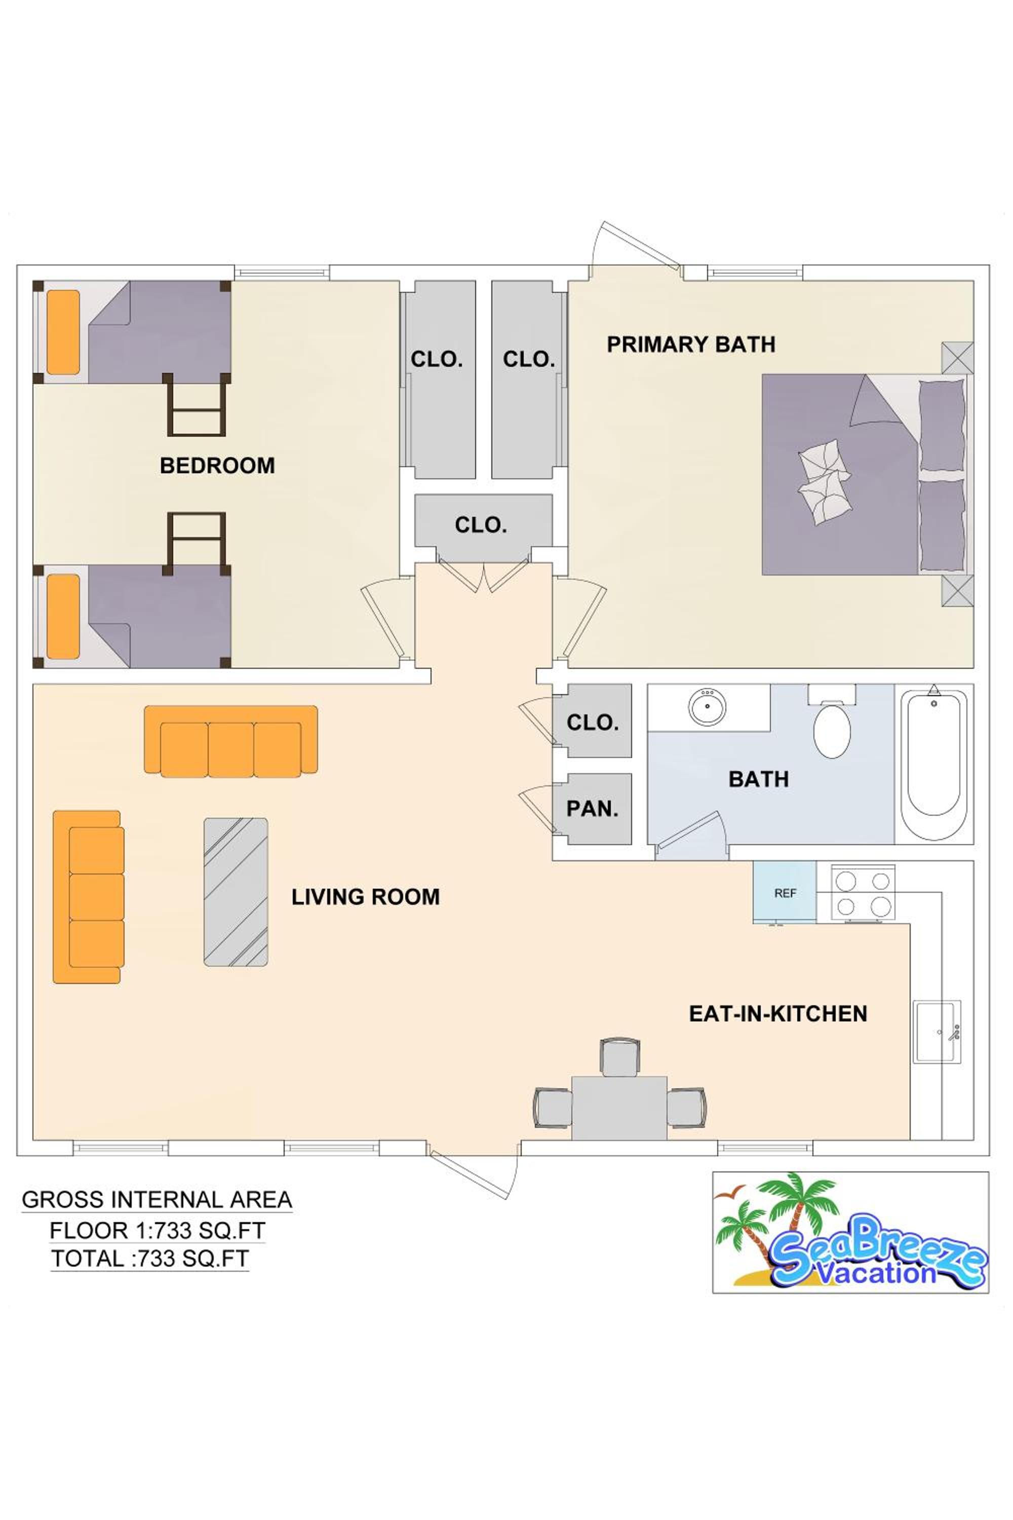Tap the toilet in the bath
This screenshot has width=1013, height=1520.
832,721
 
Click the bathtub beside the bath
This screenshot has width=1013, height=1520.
934,763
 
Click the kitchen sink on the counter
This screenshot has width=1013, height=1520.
937,1032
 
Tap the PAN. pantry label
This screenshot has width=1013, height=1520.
593,809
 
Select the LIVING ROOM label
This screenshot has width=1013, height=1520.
366,896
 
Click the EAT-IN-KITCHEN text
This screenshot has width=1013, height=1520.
778,1013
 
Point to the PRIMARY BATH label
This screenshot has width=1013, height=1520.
691,345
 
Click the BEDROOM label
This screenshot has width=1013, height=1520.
217,465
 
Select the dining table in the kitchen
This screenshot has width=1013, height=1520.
619,1108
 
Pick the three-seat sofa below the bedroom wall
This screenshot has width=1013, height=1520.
230,741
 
